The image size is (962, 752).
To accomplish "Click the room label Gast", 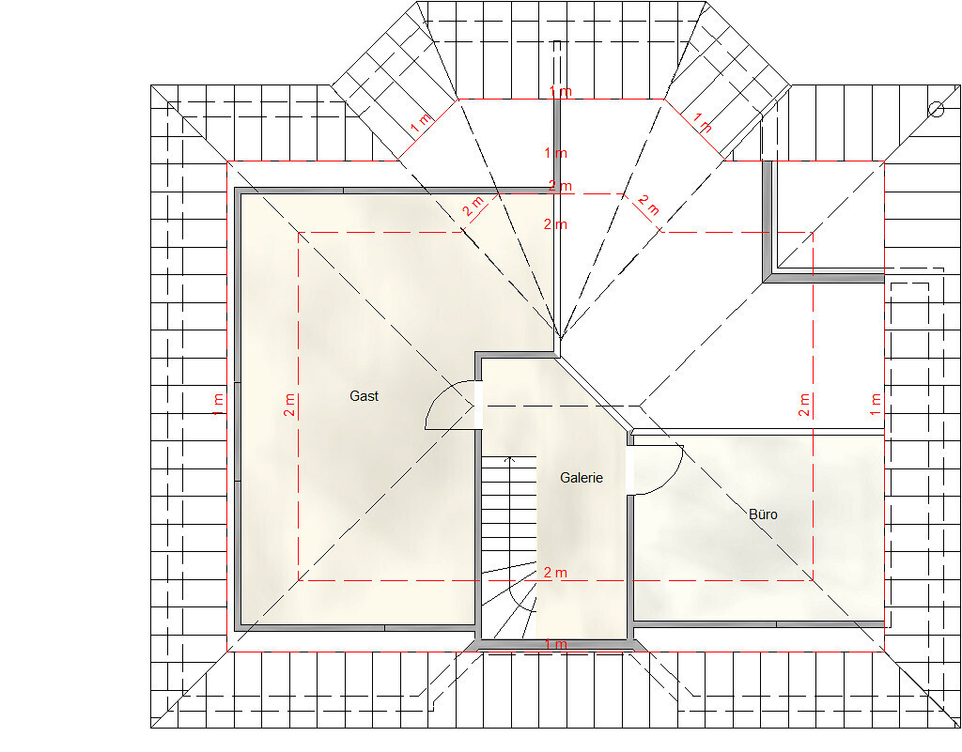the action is click(364, 396).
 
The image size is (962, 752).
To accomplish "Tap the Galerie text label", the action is click(581, 478).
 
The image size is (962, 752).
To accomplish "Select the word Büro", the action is click(763, 514).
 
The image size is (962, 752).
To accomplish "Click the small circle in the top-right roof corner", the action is click(937, 110).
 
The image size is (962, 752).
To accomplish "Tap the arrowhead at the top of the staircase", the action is click(508, 458).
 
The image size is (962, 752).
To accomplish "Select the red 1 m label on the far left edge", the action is click(218, 406).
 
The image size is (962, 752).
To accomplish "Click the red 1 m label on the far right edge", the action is click(876, 406).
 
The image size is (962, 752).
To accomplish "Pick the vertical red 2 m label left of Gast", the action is click(289, 406).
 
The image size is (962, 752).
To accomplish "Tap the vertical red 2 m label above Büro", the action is click(804, 406).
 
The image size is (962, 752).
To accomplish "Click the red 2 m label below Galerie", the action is click(555, 573).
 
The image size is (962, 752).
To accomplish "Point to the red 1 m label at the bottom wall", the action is click(555, 644).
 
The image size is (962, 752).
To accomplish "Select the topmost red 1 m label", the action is click(560, 91).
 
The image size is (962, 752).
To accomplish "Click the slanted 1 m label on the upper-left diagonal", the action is click(422, 122).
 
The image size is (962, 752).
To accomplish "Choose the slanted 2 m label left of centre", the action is click(474, 206).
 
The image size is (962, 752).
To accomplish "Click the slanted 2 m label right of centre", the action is click(648, 206).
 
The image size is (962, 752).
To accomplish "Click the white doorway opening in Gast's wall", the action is click(478, 406).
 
